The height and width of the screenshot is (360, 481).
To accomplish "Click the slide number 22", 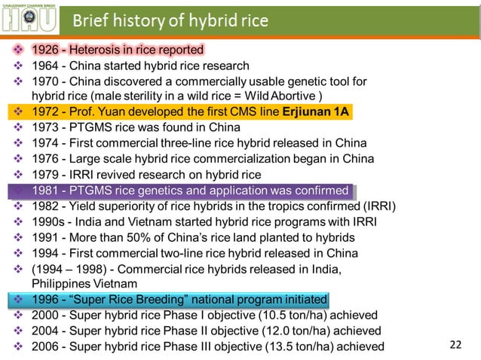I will click(x=455, y=346).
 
